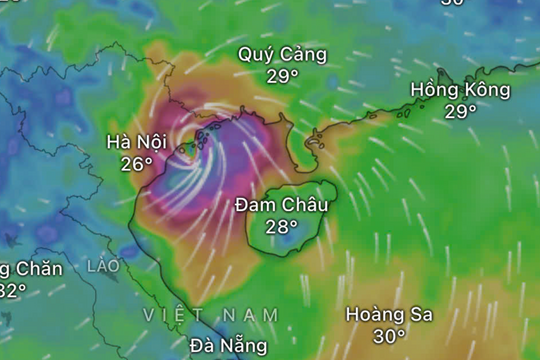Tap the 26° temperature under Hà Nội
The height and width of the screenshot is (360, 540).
tap(136, 163)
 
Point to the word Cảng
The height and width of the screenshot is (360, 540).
tap(301, 55)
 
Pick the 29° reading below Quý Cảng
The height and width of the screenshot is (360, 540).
tap(283, 76)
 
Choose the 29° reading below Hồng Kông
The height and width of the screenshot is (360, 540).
tap(460, 111)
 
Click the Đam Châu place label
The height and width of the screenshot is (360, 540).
tap(282, 205)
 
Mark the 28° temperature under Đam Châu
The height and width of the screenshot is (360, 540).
tap(282, 227)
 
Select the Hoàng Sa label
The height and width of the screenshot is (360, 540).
tap(389, 314)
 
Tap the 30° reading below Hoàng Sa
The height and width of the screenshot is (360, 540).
tap(389, 337)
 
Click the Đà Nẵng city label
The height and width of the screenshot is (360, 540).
tap(228, 346)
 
